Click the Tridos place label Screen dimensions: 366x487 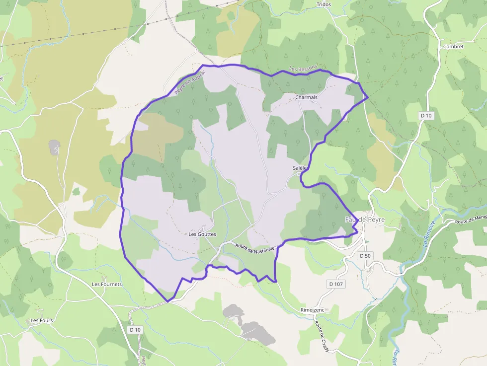click(x=324, y=4)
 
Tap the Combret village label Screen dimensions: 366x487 click(x=453, y=47)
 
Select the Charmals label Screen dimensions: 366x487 click(x=306, y=97)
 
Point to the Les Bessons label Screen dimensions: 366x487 click(x=303, y=69)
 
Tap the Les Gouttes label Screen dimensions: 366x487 click(x=202, y=234)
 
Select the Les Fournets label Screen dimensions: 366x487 click(x=107, y=285)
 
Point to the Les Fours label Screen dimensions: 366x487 click(x=42, y=321)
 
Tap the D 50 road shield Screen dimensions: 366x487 click(x=365, y=256)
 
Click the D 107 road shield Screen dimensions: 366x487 click(x=336, y=284)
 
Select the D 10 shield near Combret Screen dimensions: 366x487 click(x=426, y=116)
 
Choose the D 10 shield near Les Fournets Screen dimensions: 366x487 click(x=135, y=330)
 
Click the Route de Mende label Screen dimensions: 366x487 click(x=470, y=219)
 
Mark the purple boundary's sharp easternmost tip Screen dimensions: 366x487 click(x=368, y=98)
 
